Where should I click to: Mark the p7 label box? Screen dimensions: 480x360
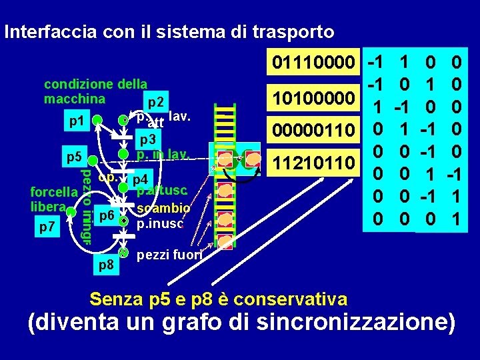47,227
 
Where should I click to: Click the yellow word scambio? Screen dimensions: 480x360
163,207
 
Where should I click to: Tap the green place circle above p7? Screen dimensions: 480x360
69,212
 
